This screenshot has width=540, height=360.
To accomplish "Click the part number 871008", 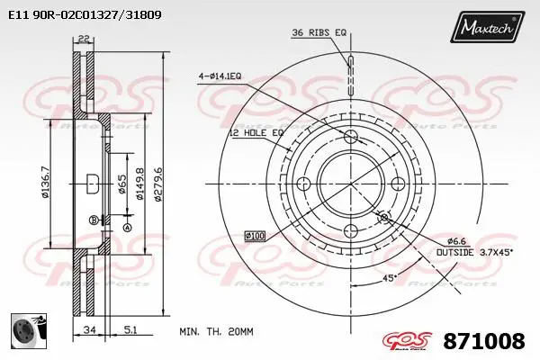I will pyautogui.click(x=485, y=341).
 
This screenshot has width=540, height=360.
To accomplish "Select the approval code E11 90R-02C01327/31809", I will pyautogui.click(x=78, y=15).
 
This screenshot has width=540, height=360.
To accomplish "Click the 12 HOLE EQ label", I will pyautogui.click(x=256, y=132).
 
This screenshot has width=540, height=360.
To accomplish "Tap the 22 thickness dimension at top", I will pyautogui.click(x=84, y=37).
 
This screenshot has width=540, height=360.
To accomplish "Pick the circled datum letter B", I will pyautogui.click(x=93, y=220).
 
